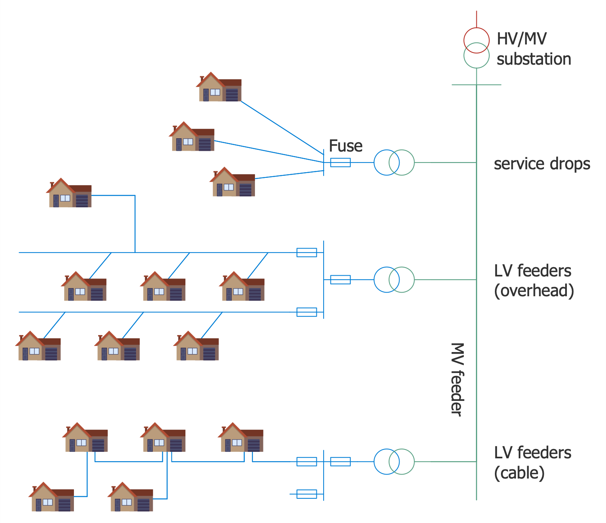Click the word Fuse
(345, 146)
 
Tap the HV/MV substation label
(533, 49)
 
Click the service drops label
(542, 164)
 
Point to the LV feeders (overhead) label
(533, 280)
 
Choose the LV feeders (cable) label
(532, 462)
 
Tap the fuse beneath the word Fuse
(340, 162)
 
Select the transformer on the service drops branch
(394, 162)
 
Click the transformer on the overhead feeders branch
(394, 280)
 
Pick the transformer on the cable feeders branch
(394, 462)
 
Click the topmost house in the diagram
(219, 87)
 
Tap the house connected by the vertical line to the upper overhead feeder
(69, 193)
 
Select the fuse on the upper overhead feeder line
(307, 253)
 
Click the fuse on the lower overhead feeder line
(307, 312)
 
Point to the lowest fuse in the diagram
(307, 494)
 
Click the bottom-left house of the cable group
(52, 497)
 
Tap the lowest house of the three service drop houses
(233, 182)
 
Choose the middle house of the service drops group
(192, 137)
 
